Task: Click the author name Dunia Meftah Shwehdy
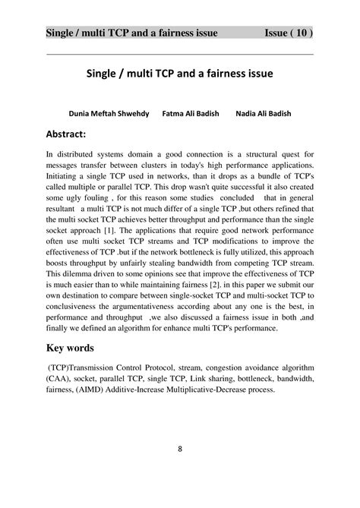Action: pyautogui.click(x=109, y=113)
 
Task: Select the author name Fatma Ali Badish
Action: pyautogui.click(x=191, y=113)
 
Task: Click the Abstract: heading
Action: pyautogui.click(x=73, y=134)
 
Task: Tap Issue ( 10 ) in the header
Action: pyautogui.click(x=289, y=33)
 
